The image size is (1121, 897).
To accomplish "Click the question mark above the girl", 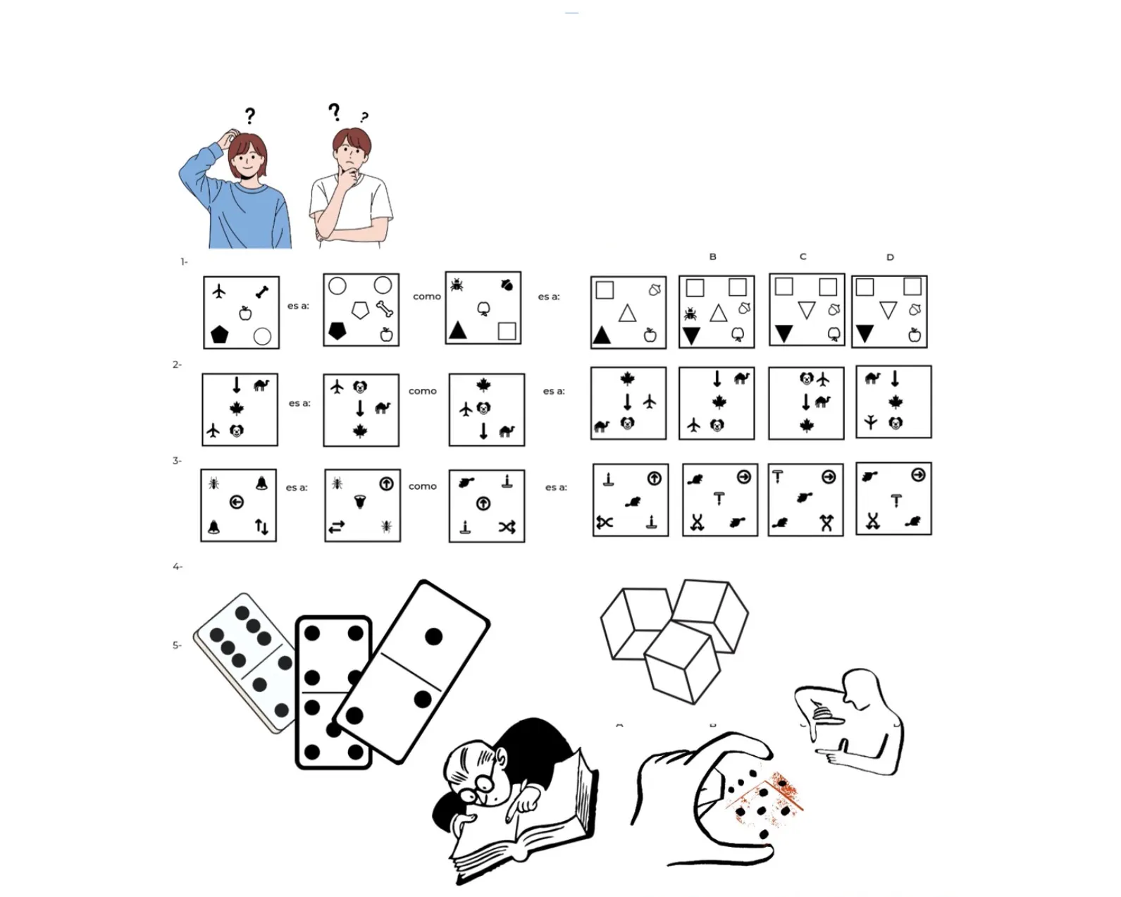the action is pos(251,116).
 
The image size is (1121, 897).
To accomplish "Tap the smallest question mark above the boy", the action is pos(365,117).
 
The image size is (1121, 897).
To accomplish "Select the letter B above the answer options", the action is pos(712,256).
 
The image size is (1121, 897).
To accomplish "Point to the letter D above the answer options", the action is pos(890,256).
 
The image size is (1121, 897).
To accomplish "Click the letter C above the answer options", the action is pos(803,256).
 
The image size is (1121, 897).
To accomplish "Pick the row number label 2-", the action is pos(177,364).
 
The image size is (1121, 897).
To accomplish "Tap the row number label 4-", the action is pos(178,567).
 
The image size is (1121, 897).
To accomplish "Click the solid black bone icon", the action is pos(262,292).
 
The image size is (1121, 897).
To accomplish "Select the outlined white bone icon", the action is pos(385,309).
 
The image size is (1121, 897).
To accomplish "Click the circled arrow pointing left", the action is pos(237,502).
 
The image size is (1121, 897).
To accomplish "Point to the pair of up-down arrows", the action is pos(261,526).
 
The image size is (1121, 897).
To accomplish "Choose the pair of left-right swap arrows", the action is pos(337,527).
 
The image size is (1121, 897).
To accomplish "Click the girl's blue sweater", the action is pos(237,209).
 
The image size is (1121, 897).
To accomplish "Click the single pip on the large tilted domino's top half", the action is pos(433,636).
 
